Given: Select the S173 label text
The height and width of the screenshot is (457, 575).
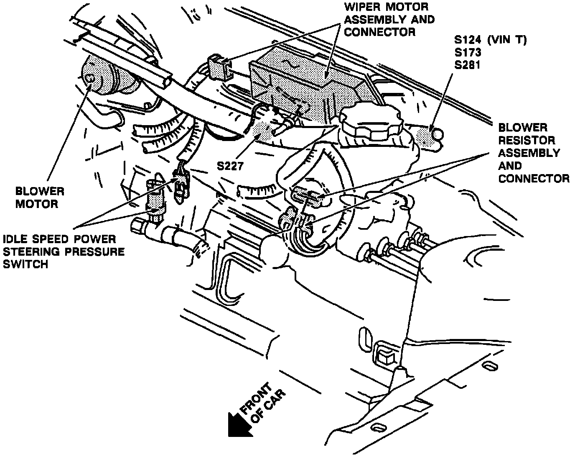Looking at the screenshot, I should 468,53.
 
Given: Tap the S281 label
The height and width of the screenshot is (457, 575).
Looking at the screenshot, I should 468,65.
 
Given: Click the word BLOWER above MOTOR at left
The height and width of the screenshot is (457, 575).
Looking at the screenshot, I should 40,192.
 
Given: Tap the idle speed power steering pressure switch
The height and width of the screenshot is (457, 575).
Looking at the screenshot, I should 155,197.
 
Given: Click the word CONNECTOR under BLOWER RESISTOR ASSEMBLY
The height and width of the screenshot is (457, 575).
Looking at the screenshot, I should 534,178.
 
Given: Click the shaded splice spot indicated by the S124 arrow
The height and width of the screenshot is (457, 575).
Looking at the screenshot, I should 428,136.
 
